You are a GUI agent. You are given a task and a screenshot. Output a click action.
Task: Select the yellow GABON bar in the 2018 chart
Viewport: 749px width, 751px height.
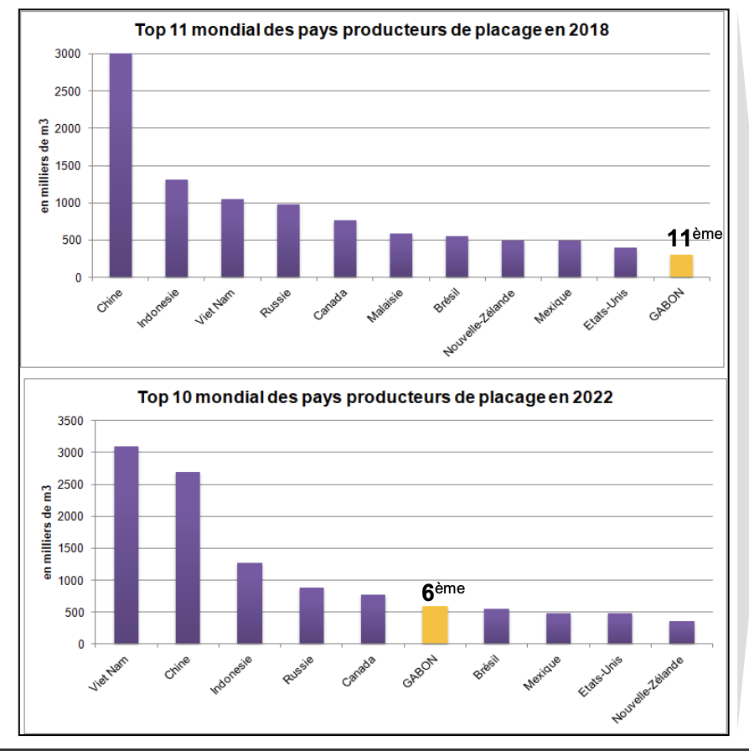tap(681, 266)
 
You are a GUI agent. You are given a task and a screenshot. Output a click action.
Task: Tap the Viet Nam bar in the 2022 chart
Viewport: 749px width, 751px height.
tap(127, 545)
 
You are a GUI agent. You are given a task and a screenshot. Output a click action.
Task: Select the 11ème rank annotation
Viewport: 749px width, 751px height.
tap(694, 237)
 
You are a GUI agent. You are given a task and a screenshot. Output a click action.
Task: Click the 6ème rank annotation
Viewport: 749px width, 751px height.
tap(442, 591)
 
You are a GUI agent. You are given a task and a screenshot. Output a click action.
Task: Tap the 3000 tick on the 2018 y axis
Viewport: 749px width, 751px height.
tap(69, 54)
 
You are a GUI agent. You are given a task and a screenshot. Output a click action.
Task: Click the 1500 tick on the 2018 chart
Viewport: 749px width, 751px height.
tap(69, 166)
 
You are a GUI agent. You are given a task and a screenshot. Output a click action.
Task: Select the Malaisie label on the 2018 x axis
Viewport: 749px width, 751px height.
tap(386, 305)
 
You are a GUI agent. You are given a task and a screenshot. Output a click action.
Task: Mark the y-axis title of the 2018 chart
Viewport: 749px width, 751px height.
tap(46, 165)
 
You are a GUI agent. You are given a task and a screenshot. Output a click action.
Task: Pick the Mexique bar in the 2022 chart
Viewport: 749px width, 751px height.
tap(559, 628)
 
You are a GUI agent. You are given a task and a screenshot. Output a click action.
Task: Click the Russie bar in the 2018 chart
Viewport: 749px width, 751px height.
tap(288, 241)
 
